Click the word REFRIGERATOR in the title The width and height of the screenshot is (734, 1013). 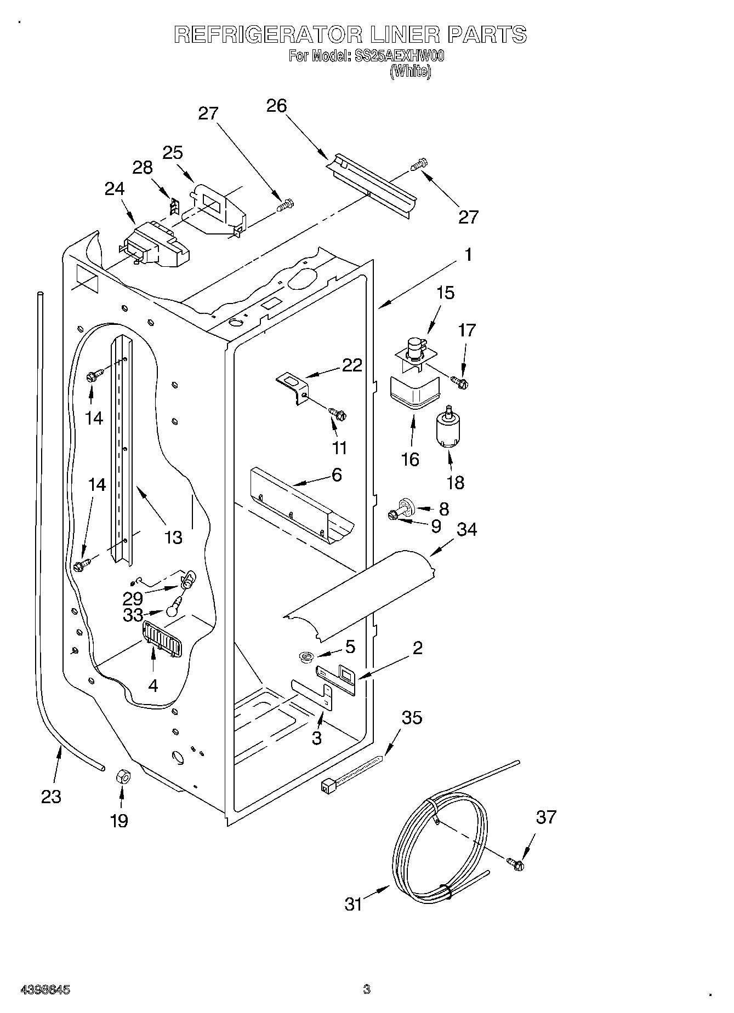click(x=268, y=35)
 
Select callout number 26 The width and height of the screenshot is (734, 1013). click(x=277, y=105)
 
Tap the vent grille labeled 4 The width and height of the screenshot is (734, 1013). click(x=162, y=639)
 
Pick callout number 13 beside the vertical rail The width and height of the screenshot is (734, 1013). click(x=173, y=537)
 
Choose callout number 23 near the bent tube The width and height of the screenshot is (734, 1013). click(x=51, y=796)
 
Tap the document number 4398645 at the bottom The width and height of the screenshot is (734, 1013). click(x=45, y=989)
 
